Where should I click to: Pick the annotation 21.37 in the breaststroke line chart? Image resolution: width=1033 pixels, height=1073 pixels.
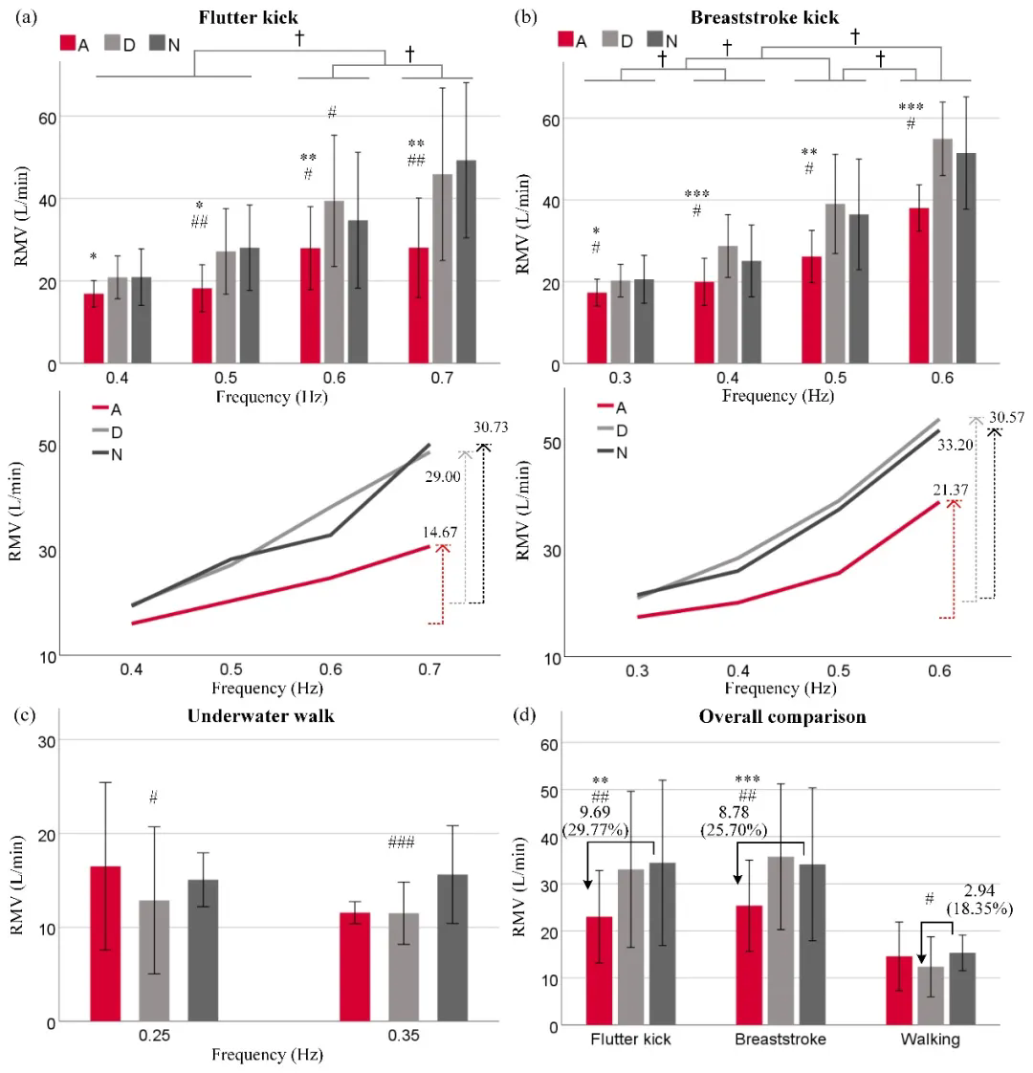[953, 490]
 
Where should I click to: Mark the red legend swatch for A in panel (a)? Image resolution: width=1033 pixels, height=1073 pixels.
[68, 42]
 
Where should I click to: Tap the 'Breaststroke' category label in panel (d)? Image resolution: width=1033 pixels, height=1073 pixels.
[774, 1040]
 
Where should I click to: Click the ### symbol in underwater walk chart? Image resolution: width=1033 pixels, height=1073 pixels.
[404, 843]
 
